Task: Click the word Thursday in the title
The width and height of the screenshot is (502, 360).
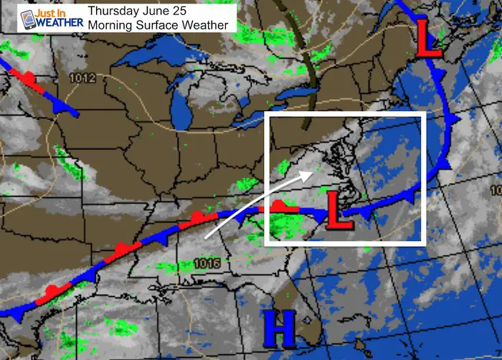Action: (x=113, y=11)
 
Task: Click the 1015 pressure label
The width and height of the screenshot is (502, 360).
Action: (x=205, y=264)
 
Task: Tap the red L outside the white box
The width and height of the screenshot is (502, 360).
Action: (x=428, y=43)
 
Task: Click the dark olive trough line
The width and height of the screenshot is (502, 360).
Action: (x=311, y=72)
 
